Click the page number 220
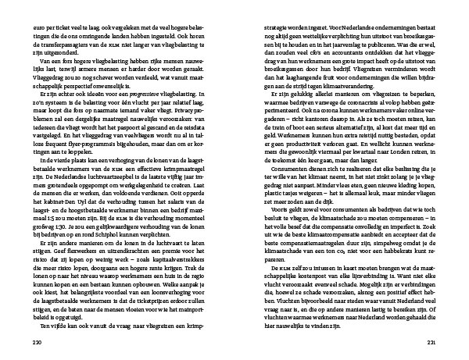[30, 342]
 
